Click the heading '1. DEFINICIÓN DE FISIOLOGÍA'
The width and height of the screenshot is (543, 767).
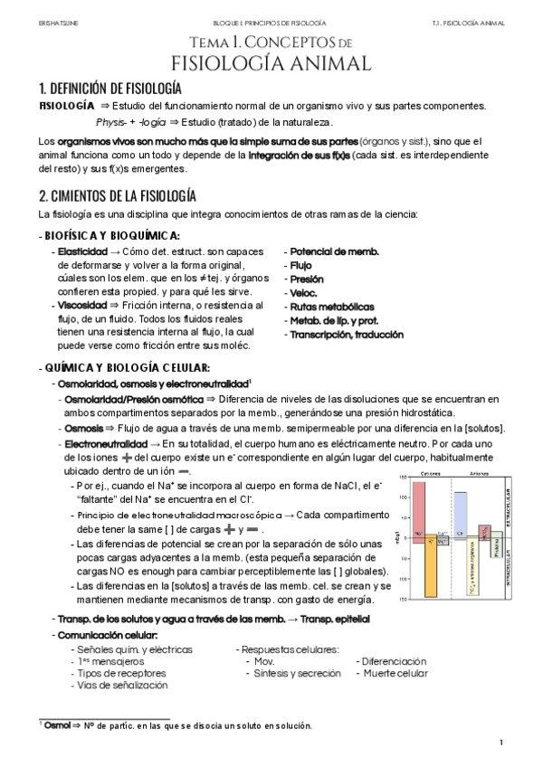[x=110, y=89]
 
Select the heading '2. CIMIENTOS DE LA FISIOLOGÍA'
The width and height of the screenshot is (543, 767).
[x=118, y=195]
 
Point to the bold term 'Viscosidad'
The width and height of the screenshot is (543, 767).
[x=81, y=306]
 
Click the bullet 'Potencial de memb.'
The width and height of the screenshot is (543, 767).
[x=334, y=251]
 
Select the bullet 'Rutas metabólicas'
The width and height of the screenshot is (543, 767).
[x=331, y=307]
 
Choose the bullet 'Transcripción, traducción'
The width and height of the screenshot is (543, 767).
[x=348, y=334]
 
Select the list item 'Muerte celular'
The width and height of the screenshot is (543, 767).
[x=392, y=674]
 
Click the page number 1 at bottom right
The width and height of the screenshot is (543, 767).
[x=500, y=743]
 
